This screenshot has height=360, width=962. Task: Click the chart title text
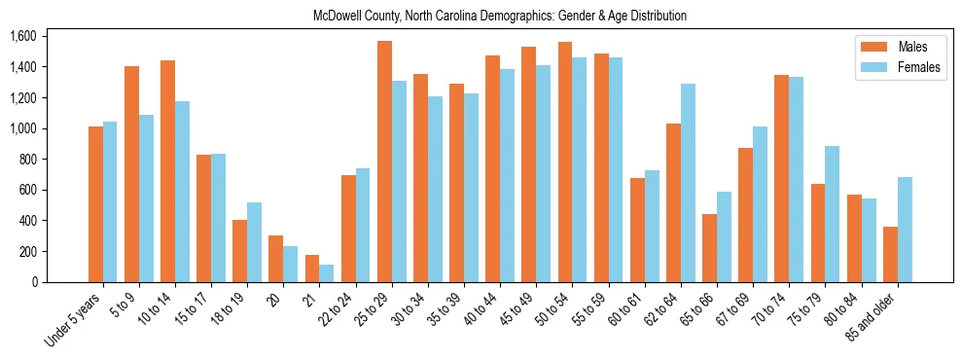[x=500, y=16]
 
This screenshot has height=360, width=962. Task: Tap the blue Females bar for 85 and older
[x=905, y=230]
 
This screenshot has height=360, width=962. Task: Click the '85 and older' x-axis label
[x=871, y=317]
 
